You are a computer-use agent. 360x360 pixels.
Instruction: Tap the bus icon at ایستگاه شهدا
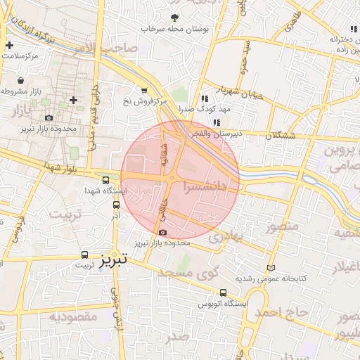[105, 179]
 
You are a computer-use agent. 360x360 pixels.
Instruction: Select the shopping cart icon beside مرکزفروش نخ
[144, 91]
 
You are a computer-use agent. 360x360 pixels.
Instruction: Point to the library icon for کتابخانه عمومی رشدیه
[271, 268]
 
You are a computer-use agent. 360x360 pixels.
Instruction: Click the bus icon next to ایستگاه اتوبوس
[224, 292]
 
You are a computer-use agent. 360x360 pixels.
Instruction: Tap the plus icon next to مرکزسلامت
[8, 46]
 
